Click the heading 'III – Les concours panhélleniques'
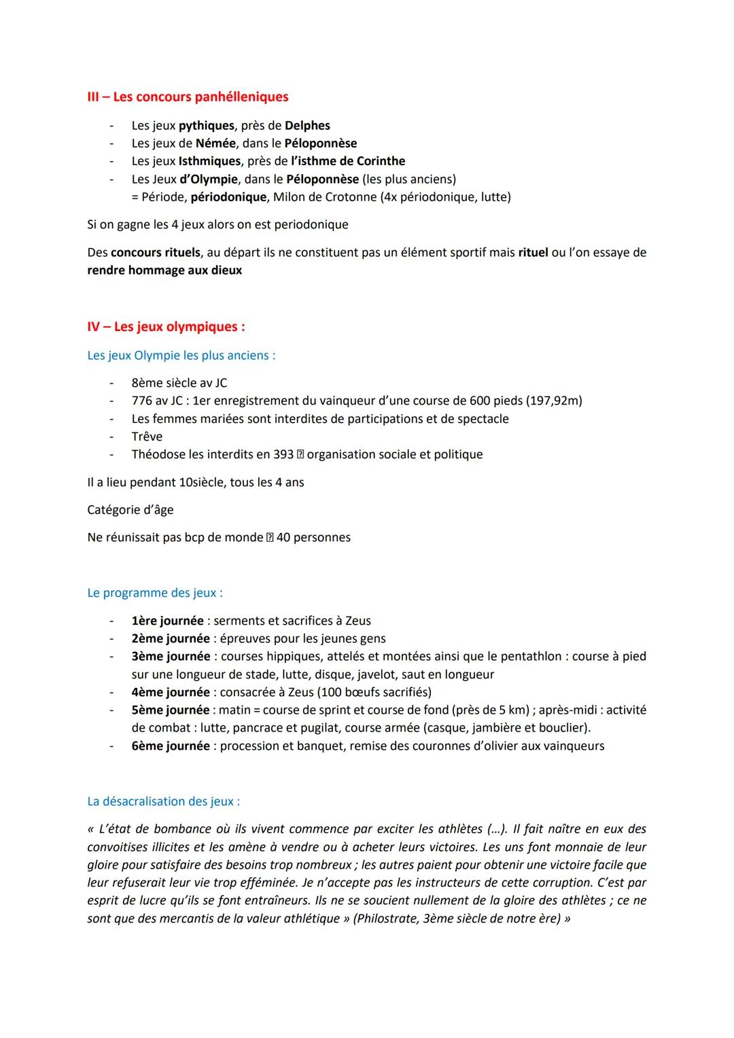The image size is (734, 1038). click(188, 97)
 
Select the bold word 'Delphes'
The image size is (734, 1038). click(307, 126)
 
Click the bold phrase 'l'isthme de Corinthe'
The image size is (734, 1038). click(348, 161)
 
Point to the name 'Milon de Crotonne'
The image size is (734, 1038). click(324, 197)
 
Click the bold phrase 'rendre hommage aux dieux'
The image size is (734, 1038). click(164, 270)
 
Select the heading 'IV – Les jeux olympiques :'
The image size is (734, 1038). click(166, 327)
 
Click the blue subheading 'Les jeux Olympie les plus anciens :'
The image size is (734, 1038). click(181, 356)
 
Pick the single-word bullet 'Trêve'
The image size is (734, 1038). click(147, 436)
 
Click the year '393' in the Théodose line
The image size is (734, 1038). click(283, 454)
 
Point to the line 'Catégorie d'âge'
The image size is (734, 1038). click(130, 510)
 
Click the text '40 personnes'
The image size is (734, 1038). click(313, 538)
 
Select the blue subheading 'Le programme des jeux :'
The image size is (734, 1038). click(155, 593)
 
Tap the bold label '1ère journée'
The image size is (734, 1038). click(167, 621)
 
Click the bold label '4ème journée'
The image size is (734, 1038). click(171, 692)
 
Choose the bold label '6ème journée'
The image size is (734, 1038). click(171, 746)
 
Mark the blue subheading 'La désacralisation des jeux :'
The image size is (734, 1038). click(163, 801)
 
